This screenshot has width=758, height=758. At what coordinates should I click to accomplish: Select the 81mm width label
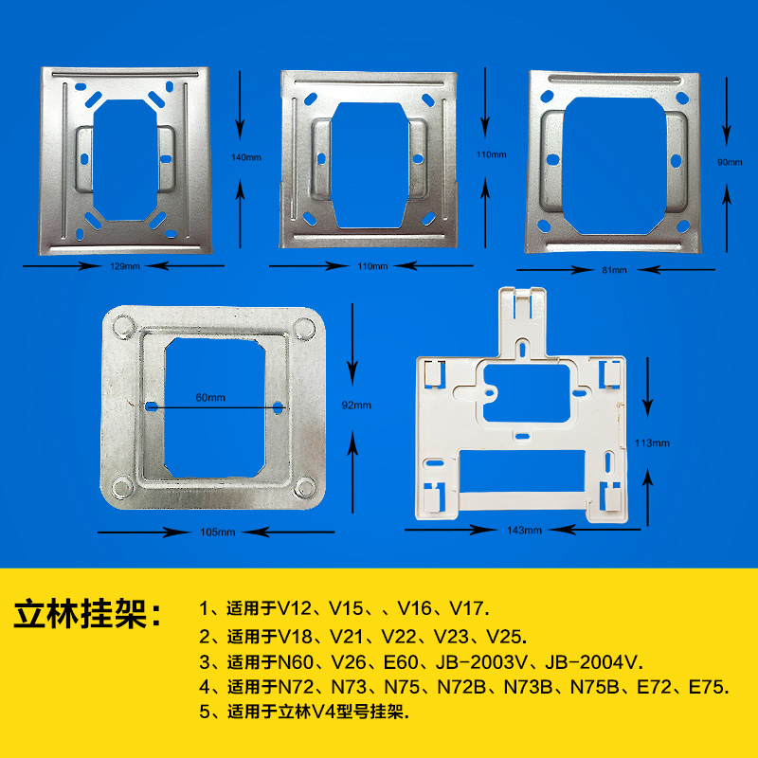pyautogui.click(x=614, y=270)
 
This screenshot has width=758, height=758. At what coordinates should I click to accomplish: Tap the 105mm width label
pyautogui.click(x=218, y=532)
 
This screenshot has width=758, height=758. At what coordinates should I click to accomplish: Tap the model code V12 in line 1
pyautogui.click(x=297, y=606)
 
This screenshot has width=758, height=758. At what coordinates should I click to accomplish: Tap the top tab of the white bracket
pyautogui.click(x=521, y=308)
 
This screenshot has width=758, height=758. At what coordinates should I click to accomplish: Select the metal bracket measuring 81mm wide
pyautogui.click(x=614, y=163)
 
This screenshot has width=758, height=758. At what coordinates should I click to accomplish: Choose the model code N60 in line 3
pyautogui.click(x=297, y=661)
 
